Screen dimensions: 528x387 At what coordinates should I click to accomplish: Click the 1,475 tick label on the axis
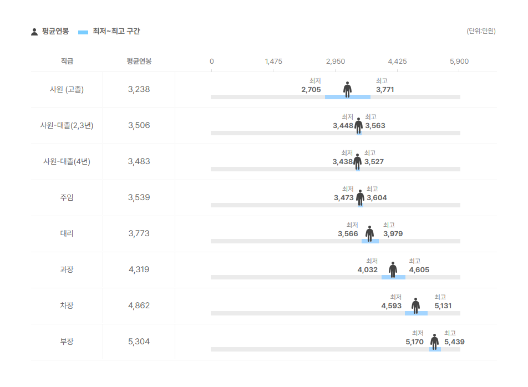tap(273, 61)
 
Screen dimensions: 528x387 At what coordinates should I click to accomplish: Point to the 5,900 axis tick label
tap(459, 61)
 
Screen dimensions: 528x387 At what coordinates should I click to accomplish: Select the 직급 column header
tap(67, 61)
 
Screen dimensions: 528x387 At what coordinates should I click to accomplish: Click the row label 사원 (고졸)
tap(67, 89)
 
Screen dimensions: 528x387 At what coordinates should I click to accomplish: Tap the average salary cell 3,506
tap(139, 125)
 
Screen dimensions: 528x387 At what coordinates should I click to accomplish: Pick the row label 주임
tap(67, 197)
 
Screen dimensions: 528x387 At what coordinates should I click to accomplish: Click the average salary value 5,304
tap(139, 341)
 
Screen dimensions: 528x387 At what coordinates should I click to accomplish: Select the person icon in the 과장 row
tap(393, 269)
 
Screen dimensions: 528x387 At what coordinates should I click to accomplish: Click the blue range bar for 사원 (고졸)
tap(348, 97)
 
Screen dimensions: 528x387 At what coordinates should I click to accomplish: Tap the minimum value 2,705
tap(311, 89)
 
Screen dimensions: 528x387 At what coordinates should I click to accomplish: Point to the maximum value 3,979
tap(393, 233)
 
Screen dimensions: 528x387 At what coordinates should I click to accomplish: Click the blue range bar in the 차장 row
tap(416, 313)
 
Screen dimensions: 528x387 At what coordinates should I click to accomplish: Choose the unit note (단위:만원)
tap(481, 31)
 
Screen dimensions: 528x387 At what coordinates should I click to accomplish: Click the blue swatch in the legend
tap(83, 32)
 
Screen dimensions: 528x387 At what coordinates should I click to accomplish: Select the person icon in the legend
tap(34, 32)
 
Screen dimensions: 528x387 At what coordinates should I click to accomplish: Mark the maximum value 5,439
tap(454, 342)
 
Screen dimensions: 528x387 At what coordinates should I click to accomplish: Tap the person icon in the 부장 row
tap(435, 342)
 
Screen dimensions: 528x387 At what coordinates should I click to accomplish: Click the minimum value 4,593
tap(392, 306)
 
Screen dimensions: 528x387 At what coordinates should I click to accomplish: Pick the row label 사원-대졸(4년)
tap(67, 161)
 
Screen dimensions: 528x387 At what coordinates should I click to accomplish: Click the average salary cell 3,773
tap(139, 233)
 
